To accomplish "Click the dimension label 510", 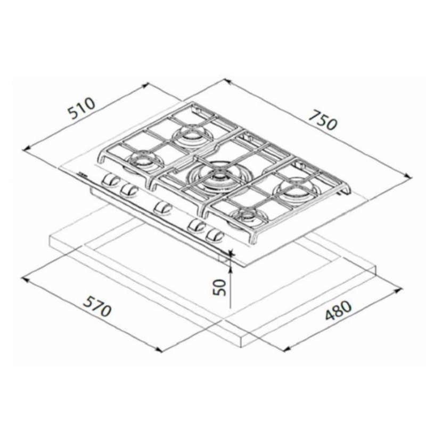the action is [x=81, y=109].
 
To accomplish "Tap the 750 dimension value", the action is [x=323, y=120].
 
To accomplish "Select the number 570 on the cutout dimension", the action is [x=97, y=306].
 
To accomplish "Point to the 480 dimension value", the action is [x=338, y=310].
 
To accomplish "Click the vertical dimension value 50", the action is [x=219, y=287].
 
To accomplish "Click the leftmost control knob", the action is [x=111, y=179].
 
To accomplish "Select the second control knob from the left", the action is [x=128, y=189].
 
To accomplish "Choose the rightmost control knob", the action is [x=215, y=234].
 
